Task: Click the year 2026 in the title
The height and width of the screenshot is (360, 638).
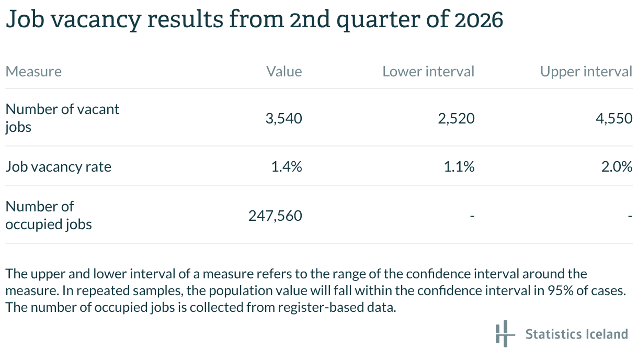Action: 479,20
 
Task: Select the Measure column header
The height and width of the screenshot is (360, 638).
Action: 33,71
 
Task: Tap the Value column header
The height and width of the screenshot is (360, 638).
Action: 284,71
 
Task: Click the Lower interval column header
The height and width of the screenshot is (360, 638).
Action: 428,71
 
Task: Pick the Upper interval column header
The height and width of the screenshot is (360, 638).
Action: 586,71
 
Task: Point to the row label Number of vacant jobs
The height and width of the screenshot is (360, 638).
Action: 62,118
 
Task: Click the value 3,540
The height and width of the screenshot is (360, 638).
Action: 283,118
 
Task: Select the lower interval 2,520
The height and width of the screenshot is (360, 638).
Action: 457,118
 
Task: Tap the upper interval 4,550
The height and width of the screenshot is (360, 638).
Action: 614,118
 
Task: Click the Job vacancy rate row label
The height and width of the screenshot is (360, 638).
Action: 59,167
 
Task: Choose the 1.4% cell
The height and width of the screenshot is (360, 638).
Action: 287,167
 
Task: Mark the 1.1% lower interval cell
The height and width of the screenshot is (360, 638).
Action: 459,167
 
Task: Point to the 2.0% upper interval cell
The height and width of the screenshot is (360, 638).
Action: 617,167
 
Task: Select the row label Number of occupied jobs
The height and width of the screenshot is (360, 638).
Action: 49,215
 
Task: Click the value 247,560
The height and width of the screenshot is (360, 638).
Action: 275,216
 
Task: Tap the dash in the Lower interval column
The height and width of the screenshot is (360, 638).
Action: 472,216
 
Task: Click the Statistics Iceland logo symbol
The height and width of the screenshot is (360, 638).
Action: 505,334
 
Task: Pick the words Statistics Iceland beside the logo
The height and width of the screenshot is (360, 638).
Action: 576,334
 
